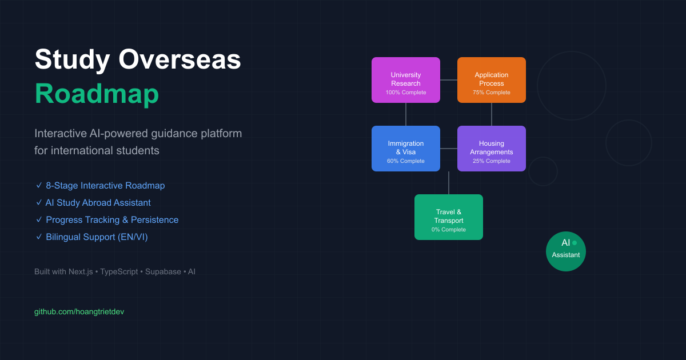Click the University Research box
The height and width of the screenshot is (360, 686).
point(406,80)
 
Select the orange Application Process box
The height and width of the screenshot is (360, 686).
point(492,80)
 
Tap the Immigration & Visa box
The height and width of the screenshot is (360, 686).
point(406,149)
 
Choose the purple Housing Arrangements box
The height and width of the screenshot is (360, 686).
point(492,149)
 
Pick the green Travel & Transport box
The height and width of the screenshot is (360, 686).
point(449,217)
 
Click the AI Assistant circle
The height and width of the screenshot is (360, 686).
point(566,251)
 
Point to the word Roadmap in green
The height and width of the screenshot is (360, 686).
point(97,94)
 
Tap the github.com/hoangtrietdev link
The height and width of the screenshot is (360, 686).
point(79,311)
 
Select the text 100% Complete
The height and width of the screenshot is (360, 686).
point(406,93)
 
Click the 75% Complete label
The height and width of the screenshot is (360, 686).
point(492,93)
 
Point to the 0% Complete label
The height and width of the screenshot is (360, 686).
point(449,230)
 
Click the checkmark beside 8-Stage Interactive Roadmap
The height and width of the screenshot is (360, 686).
point(38,186)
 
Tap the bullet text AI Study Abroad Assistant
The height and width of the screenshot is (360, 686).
point(98,203)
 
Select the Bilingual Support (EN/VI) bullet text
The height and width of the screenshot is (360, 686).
point(97,237)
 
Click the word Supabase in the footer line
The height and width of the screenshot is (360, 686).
point(159,272)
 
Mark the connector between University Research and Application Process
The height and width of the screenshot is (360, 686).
point(449,80)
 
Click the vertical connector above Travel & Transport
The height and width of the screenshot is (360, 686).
point(449,183)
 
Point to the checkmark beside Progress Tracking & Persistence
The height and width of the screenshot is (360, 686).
point(38,220)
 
